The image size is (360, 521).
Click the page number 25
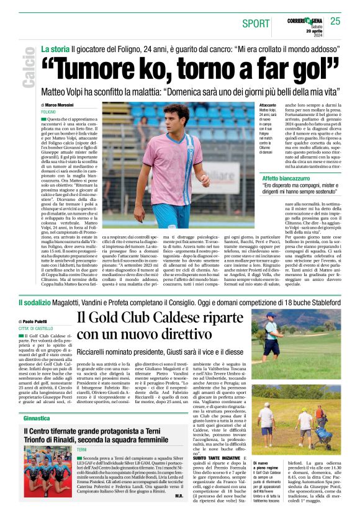(335, 22)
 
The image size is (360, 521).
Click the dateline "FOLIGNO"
(49, 112)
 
